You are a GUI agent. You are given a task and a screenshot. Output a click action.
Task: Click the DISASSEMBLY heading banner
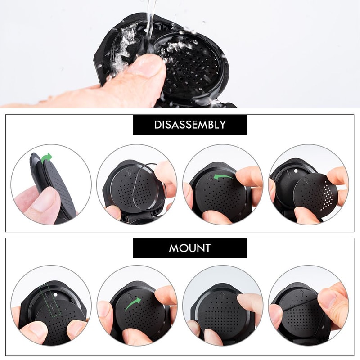point(190,125)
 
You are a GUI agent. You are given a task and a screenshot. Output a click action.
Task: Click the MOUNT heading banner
point(190,248)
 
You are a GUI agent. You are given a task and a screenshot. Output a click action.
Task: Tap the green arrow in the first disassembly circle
point(46,158)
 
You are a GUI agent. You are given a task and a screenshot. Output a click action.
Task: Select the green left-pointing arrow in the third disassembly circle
point(224,177)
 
